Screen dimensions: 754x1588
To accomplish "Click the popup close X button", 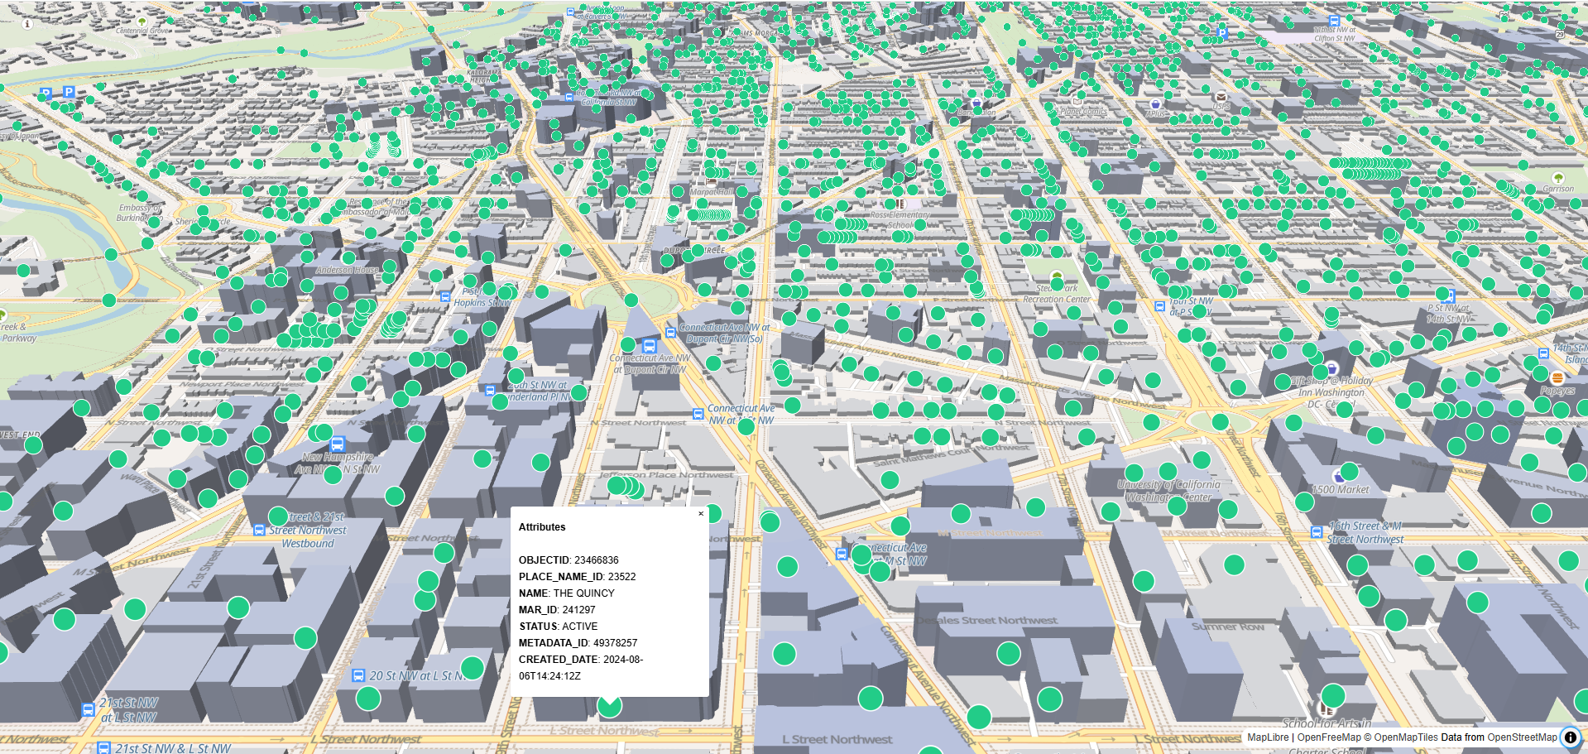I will [x=701, y=514].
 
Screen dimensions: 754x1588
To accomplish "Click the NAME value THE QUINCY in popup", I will [x=583, y=593].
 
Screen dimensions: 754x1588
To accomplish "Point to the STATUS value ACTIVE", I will [x=579, y=627].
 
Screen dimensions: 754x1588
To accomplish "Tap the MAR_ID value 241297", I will [x=578, y=610].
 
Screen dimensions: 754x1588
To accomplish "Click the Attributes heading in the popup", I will [x=542, y=527].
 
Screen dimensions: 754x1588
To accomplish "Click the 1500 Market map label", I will [x=1341, y=490].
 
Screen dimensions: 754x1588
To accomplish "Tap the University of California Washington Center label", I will [x=1168, y=491].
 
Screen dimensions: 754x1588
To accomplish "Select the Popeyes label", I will [x=1557, y=391].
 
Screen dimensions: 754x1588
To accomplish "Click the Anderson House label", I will [x=347, y=270].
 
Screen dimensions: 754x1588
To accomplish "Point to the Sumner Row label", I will [x=1227, y=627].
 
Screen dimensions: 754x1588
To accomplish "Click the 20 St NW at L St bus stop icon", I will [x=358, y=675].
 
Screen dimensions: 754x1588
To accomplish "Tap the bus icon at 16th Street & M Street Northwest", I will [x=1317, y=532].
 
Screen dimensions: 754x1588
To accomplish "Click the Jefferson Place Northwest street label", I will [x=665, y=475].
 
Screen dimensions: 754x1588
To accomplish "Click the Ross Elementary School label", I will [x=900, y=219].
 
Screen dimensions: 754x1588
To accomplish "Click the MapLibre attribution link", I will [x=1268, y=737].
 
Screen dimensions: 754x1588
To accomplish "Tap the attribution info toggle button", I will [x=1570, y=737].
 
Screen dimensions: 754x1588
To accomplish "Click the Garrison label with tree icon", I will [x=1558, y=189].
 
